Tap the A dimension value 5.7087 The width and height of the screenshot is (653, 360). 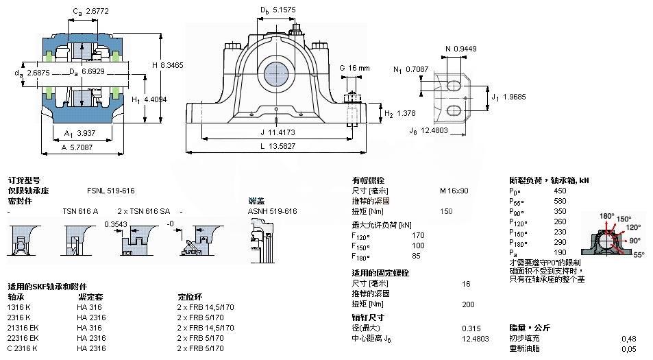point(81,146)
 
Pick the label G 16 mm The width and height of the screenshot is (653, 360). point(354,68)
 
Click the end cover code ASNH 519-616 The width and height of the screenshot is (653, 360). point(272,211)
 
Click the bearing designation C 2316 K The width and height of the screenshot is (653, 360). point(23,348)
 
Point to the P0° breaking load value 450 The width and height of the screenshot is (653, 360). point(560,191)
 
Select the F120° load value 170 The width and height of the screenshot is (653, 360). point(417,235)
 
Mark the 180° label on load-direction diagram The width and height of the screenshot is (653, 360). point(607,216)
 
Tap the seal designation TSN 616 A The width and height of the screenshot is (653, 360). point(81,211)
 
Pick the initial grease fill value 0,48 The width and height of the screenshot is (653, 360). point(628,338)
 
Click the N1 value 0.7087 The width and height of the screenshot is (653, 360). point(417,69)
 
